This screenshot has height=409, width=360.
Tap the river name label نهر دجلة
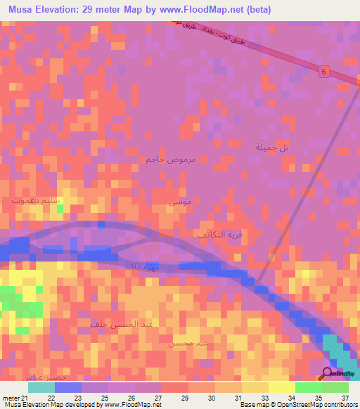(143, 264)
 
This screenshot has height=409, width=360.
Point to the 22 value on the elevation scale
(51, 398)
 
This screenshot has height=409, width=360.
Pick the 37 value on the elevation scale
(345, 398)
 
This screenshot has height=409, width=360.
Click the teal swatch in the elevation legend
(41, 387)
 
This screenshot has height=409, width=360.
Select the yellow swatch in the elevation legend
(281, 387)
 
